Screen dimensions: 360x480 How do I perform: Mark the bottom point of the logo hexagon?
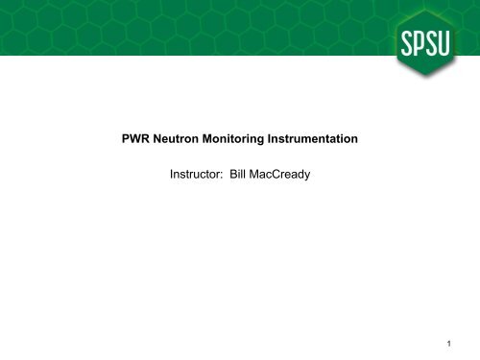[x=422, y=92]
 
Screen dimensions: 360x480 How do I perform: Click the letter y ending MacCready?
[x=319, y=179]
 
